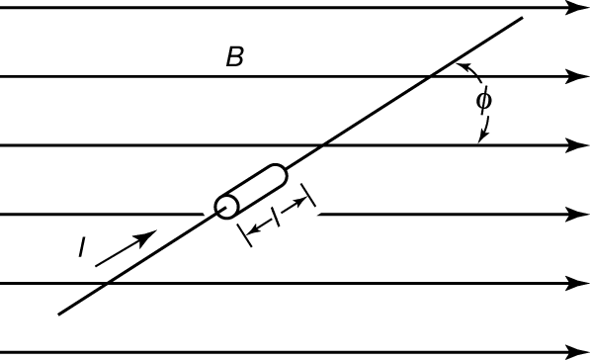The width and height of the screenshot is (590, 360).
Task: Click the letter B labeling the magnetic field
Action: click(x=235, y=56)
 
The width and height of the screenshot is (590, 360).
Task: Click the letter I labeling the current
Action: click(x=82, y=247)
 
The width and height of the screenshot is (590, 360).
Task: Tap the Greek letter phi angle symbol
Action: click(x=483, y=100)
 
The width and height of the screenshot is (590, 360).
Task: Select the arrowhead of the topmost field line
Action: click(x=577, y=8)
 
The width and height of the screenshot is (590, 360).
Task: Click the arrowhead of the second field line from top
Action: click(x=577, y=76)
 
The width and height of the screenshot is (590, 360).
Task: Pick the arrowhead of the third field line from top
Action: click(x=577, y=145)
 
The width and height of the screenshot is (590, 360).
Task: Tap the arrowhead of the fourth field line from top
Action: click(x=577, y=215)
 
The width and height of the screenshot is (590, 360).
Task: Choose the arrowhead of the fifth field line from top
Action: click(x=577, y=283)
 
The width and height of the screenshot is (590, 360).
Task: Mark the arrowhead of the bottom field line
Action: click(x=577, y=352)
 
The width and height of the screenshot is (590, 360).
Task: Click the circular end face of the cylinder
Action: click(x=227, y=207)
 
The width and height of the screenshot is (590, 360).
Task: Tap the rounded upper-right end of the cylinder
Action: click(x=281, y=174)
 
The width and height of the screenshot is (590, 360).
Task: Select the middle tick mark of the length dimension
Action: click(x=276, y=218)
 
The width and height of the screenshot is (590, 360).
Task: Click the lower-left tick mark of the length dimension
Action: click(x=244, y=235)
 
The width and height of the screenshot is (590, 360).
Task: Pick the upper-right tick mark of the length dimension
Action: click(x=308, y=195)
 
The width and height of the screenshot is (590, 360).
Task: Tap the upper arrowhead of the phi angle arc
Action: click(x=463, y=66)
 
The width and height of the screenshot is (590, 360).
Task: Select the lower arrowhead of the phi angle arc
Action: click(x=482, y=137)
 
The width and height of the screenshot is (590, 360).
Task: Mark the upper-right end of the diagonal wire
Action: click(x=523, y=18)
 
